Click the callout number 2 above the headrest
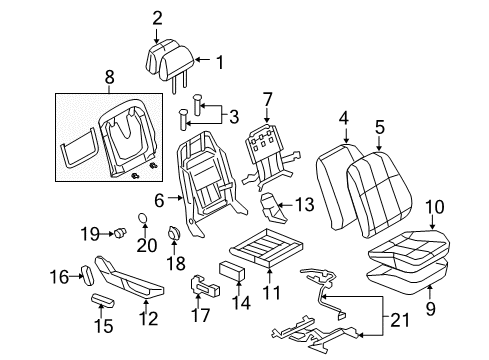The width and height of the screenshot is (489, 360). click(x=157, y=16)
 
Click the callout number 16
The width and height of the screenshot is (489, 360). click(x=59, y=276)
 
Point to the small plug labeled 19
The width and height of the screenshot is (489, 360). click(x=119, y=233)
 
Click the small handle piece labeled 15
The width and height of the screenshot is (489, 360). click(x=106, y=299)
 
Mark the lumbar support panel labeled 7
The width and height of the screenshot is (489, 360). click(x=267, y=149)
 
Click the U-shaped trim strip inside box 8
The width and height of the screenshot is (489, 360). click(x=80, y=139)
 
